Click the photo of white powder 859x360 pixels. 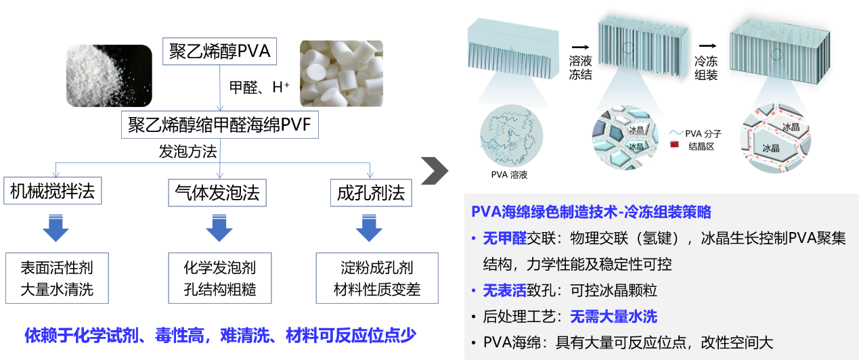pos(108,76)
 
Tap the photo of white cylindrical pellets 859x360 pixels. pos(341,74)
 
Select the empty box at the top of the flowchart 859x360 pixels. pos(220,51)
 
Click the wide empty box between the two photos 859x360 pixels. pos(220,125)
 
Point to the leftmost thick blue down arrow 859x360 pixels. pos(56,228)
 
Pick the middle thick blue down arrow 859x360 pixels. pos(219,228)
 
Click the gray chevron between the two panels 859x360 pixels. pos(434,171)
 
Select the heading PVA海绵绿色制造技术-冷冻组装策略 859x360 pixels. pos(591,212)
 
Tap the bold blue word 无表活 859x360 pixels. pos(504,290)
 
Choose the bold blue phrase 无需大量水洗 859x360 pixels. pos(613,316)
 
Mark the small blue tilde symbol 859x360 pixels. pos(676,132)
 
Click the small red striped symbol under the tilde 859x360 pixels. pos(676,143)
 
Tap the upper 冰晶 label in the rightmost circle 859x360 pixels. pos(790,127)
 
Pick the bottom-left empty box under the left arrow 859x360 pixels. pos(57,278)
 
